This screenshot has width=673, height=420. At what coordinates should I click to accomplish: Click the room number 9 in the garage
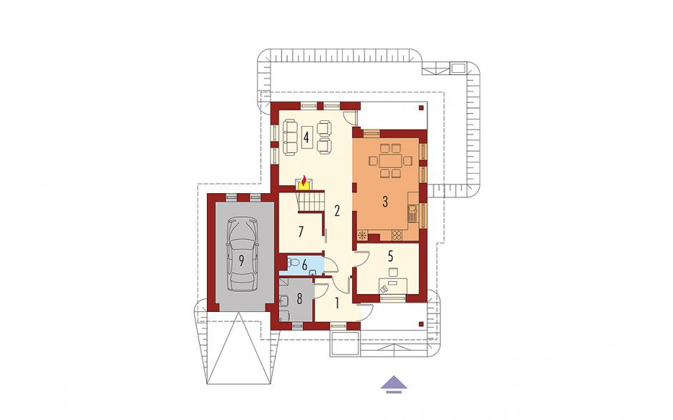pyautogui.click(x=242, y=260)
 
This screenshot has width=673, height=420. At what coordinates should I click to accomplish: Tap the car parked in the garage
pyautogui.click(x=243, y=254)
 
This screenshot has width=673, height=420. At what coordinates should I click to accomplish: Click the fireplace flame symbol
pyautogui.click(x=304, y=181)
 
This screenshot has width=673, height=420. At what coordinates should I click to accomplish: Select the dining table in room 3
pyautogui.click(x=391, y=161)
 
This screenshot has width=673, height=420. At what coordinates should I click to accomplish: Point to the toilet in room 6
pyautogui.click(x=294, y=262)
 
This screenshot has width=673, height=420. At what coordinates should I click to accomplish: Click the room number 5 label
pyautogui.click(x=390, y=256)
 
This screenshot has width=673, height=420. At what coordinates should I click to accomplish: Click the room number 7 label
pyautogui.click(x=301, y=232)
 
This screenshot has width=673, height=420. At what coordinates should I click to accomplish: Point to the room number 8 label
pyautogui.click(x=299, y=298)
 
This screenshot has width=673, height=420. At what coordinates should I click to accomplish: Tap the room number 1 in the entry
pyautogui.click(x=337, y=304)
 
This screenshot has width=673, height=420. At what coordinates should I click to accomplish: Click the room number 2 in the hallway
pyautogui.click(x=337, y=210)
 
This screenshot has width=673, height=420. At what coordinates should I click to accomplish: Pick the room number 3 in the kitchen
pyautogui.click(x=385, y=201)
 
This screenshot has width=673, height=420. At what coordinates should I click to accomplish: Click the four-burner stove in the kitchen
pyautogui.click(x=396, y=235)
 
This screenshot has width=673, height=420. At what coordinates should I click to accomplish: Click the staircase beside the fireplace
pyautogui.click(x=309, y=201)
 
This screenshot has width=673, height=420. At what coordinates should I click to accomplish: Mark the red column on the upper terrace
pyautogui.click(x=422, y=108)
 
